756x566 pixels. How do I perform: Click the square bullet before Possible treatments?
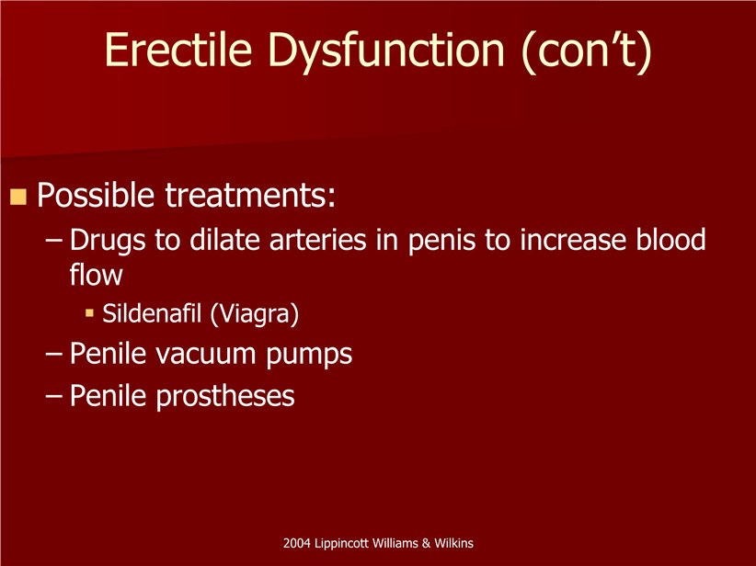(18, 197)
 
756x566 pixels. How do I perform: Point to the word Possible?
(96, 195)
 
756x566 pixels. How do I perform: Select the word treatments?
(250, 196)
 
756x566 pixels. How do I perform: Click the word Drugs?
(108, 241)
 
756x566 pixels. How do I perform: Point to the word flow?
(96, 274)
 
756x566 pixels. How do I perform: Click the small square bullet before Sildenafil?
(89, 313)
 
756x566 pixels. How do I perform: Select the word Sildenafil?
(152, 313)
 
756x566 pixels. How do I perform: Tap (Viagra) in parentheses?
(255, 314)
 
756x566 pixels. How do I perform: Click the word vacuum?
(205, 354)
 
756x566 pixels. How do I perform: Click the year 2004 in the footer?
(297, 543)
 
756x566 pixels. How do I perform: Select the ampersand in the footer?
(426, 543)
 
